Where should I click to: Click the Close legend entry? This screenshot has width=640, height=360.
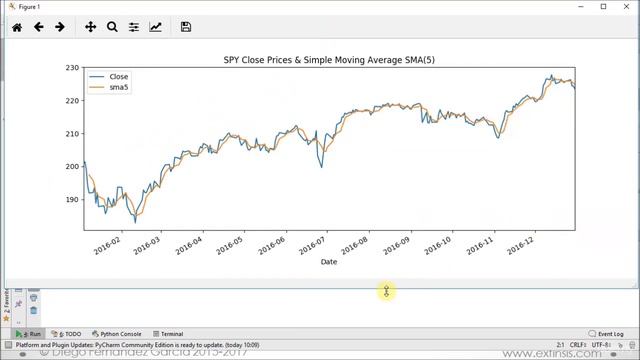118,77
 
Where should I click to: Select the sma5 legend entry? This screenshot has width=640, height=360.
119,88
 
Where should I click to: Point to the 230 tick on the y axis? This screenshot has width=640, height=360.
71,68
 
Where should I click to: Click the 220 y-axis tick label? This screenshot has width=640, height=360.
71,101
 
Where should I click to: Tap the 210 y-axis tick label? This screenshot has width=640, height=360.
71,134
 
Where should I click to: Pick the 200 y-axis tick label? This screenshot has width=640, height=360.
71,167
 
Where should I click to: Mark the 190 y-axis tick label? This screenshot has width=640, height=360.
71,200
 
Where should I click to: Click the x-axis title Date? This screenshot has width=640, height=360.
328,262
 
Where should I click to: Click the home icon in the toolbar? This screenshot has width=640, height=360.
17,27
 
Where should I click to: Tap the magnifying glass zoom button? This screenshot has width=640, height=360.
112,27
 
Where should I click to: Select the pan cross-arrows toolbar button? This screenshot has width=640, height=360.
90,27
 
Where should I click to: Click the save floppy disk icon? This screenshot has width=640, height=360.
186,27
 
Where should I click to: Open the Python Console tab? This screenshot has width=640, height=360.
116,334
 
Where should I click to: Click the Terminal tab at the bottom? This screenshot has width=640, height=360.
168,334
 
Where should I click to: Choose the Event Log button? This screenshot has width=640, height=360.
606,334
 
